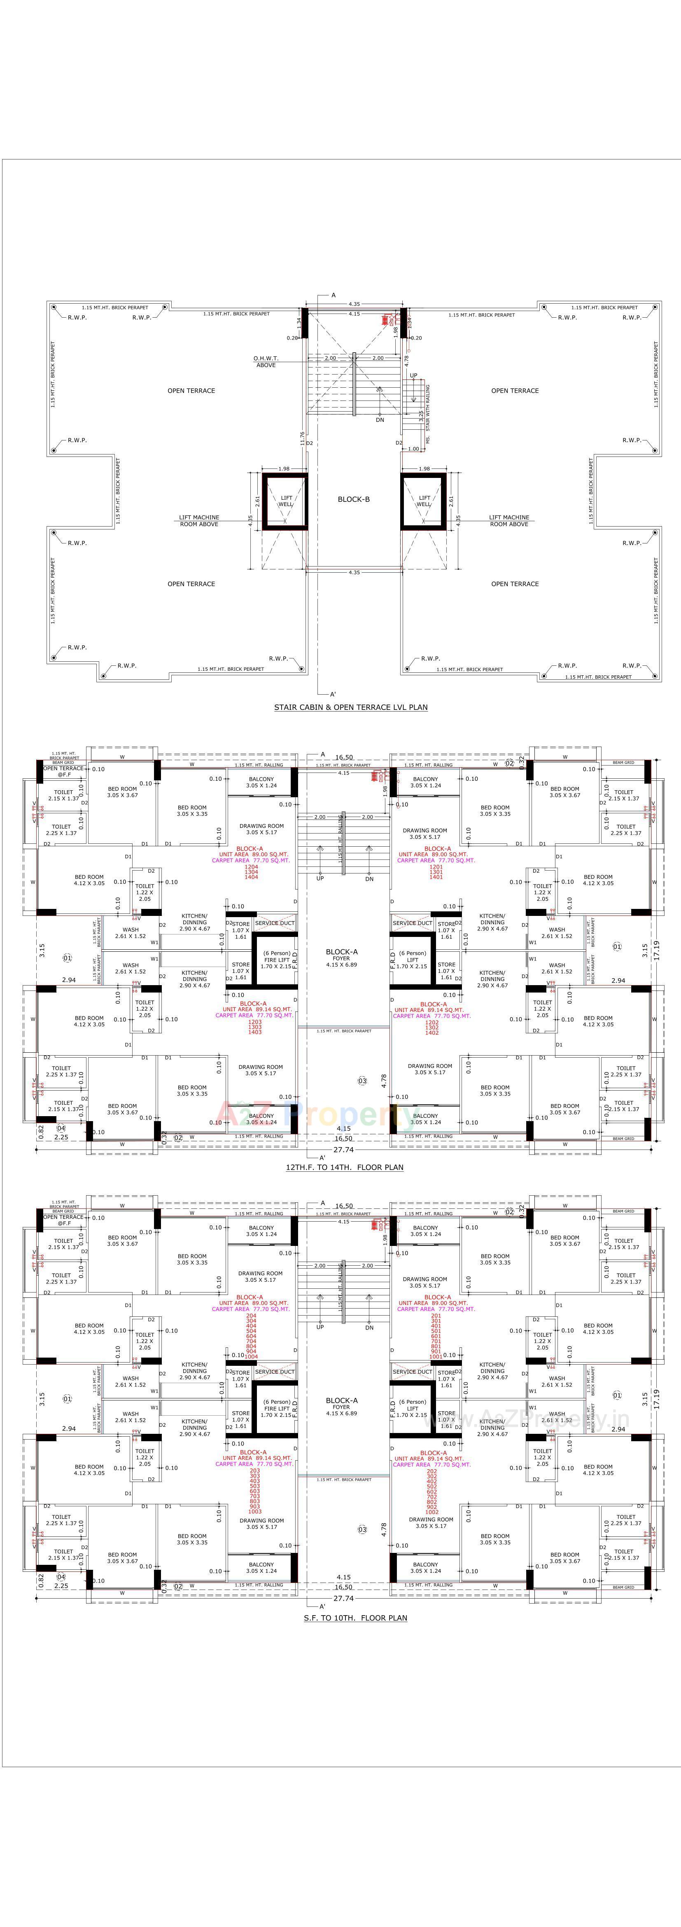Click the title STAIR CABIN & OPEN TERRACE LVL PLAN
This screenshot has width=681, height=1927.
(351, 707)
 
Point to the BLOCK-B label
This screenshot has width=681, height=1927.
(354, 499)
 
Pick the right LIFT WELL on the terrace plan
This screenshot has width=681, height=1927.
(424, 501)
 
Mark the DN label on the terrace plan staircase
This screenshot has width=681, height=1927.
(380, 420)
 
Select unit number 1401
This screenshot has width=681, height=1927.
(436, 877)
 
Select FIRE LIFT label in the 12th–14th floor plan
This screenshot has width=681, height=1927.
(276, 960)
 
